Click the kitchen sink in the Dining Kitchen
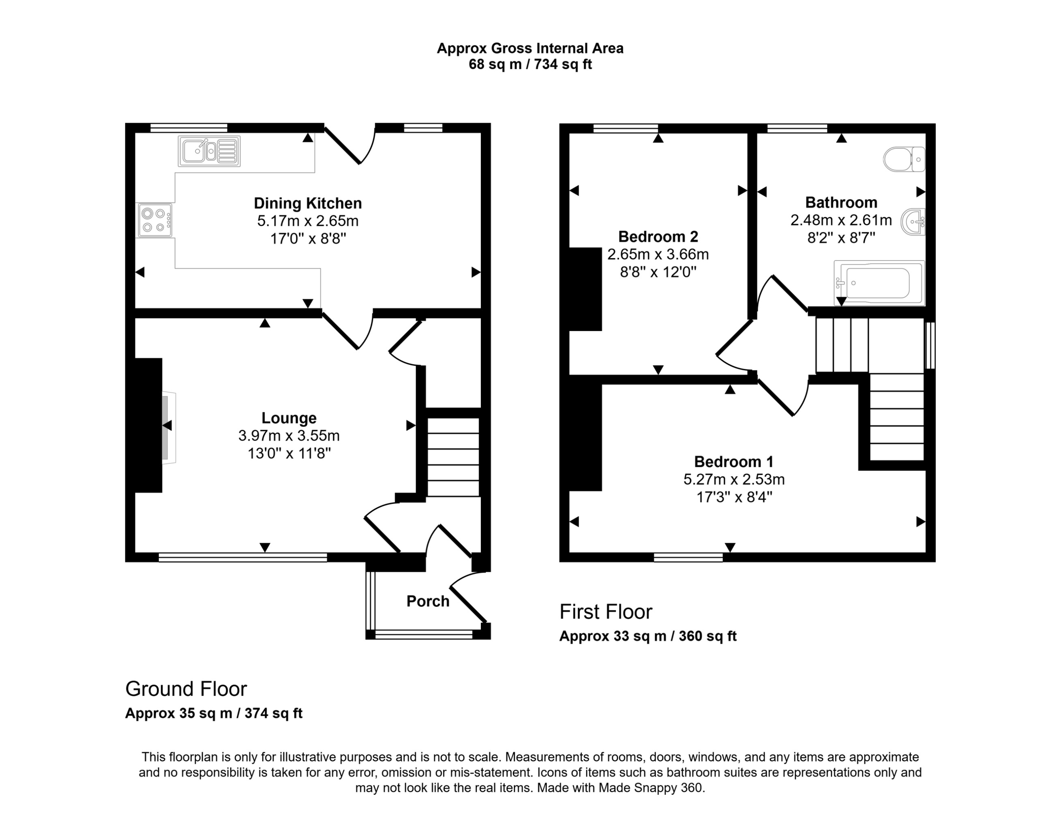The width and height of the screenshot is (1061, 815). (x=209, y=151)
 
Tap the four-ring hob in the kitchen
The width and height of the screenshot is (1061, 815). (x=155, y=220)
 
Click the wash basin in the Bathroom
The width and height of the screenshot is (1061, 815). (x=913, y=222)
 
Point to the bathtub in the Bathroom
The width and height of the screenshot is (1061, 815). (x=879, y=283)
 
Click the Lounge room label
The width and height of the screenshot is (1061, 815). (x=289, y=418)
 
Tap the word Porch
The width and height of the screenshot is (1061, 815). (x=428, y=601)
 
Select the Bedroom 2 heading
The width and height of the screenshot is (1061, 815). (x=658, y=236)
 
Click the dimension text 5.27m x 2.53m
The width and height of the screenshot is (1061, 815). (x=733, y=479)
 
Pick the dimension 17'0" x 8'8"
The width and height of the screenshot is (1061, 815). (x=308, y=239)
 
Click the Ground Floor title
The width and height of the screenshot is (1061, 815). (x=186, y=689)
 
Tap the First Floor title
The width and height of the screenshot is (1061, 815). (x=605, y=612)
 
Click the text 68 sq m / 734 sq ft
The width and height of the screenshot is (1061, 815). (x=529, y=64)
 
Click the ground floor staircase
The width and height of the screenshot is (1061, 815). (x=453, y=457)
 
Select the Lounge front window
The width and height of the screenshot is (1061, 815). (x=243, y=557)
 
